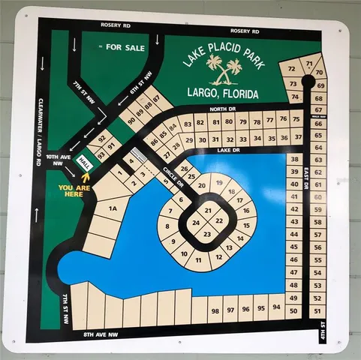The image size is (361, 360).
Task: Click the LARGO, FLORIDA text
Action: (222, 94)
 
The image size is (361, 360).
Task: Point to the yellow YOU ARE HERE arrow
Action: (85, 177)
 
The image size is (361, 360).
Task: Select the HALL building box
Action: (86, 161)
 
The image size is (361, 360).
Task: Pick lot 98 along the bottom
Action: (215, 308)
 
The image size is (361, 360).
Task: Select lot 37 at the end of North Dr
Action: (297, 137)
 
